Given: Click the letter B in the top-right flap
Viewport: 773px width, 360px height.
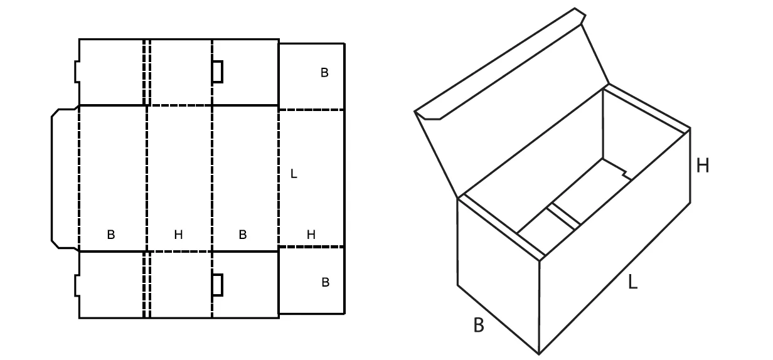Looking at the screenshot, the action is pos(324,73).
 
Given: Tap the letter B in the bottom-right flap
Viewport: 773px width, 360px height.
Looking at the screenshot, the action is pos(326,282).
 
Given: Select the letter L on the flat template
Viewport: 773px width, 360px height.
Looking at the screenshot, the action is pos(294,174).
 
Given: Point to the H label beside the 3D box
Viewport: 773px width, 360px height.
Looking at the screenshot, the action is pos(703,166).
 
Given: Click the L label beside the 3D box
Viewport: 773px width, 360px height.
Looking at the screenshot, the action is pos(632,282).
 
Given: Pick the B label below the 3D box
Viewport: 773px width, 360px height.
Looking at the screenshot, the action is pos(479,325).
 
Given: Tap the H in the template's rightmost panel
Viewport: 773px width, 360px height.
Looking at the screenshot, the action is pos(311,235).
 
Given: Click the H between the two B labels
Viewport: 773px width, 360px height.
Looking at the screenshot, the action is pos(178,235).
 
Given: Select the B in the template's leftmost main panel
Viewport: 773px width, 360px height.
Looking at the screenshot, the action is pos(111,235).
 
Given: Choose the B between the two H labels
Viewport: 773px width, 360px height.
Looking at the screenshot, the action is pos(243,235).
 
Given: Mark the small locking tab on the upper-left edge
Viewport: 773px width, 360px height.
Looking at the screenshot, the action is pos(77,71).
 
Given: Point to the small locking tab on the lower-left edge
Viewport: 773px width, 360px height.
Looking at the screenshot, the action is pos(77,285).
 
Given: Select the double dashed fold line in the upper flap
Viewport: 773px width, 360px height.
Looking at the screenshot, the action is pos(147,72).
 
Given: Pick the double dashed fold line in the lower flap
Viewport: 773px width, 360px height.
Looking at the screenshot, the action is pos(147,285).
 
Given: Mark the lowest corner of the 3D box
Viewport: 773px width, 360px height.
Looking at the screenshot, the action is pos(539,354).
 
